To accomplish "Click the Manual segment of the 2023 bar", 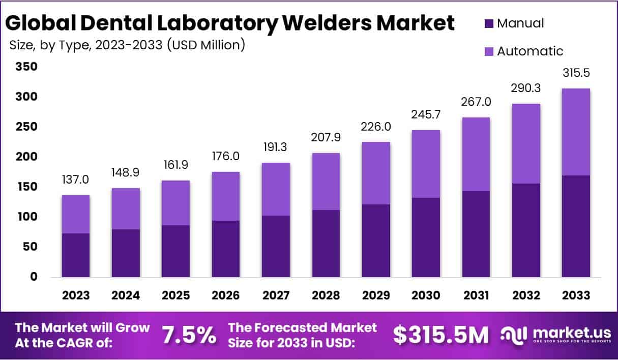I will point(76,255).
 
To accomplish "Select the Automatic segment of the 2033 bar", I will point(576,132).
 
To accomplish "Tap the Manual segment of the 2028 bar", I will point(326,244).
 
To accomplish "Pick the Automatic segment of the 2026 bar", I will point(226,196).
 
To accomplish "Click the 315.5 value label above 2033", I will point(576,74).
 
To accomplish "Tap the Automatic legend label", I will point(530,51).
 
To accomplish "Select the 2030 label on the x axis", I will point(426,295).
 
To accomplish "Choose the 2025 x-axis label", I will point(176,295).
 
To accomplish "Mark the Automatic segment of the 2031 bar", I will point(476,155).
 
